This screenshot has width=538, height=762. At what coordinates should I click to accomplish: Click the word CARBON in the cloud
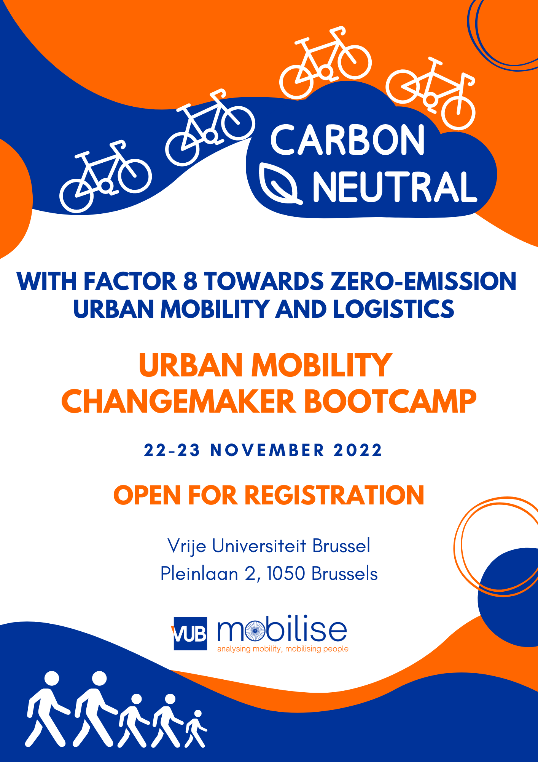click(347, 140)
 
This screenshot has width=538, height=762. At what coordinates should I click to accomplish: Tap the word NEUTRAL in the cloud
click(395, 187)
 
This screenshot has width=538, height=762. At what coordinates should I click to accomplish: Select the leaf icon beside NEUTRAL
click(280, 184)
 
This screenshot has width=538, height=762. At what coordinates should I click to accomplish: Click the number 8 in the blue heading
click(190, 281)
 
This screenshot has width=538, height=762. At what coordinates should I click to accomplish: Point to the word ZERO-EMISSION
click(423, 281)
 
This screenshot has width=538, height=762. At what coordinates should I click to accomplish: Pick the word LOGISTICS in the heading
click(394, 309)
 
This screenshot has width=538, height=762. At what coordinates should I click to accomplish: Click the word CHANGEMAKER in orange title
click(178, 402)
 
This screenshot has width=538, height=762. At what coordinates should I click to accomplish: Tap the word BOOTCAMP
click(390, 402)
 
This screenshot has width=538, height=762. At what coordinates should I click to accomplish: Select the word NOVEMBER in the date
click(267, 450)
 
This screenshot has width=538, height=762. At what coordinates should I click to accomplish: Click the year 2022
click(358, 450)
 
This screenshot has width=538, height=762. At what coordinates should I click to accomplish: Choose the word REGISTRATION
click(334, 495)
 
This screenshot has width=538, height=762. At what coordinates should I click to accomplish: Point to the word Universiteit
click(259, 546)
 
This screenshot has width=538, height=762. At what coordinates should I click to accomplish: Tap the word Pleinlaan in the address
click(199, 573)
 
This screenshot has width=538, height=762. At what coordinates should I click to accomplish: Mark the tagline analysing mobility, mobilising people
click(283, 649)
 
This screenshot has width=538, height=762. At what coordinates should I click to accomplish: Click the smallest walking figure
click(196, 728)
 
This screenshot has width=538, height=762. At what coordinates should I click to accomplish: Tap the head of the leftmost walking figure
click(52, 679)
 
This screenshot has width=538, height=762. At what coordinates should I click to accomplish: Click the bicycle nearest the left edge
click(106, 176)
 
